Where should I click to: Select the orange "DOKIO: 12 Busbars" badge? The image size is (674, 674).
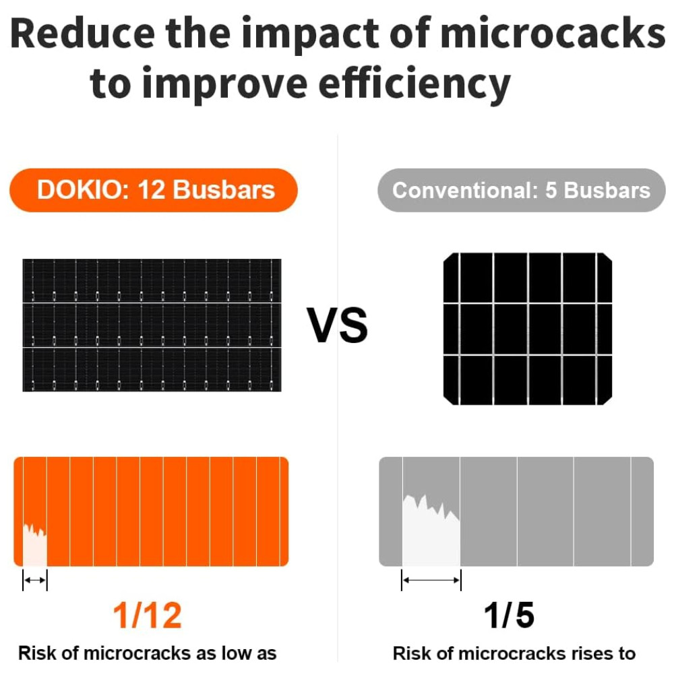point(153,190)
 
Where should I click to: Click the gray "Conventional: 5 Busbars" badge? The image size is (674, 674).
point(521,190)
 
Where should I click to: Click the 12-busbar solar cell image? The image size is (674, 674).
point(152,325)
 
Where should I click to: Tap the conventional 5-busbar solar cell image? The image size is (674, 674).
point(528,328)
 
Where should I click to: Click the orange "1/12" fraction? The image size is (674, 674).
point(148,615)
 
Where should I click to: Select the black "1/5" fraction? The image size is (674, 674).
point(509,615)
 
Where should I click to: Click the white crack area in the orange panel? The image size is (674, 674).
point(35,546)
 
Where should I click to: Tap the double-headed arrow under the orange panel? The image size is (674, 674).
point(35,580)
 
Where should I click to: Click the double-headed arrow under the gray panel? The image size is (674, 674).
point(431,579)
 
